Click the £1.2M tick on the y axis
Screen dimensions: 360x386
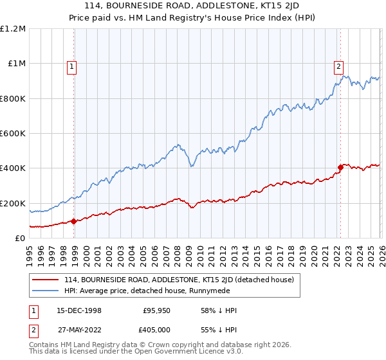[x=13, y=29]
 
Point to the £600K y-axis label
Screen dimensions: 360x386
[x=13, y=134]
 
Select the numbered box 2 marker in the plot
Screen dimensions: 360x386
[x=338, y=66]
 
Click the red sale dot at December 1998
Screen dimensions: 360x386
[x=74, y=221]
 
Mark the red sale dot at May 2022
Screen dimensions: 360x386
[x=340, y=168]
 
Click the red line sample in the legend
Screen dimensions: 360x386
[x=46, y=280]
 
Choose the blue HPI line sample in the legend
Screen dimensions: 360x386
[x=46, y=291]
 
